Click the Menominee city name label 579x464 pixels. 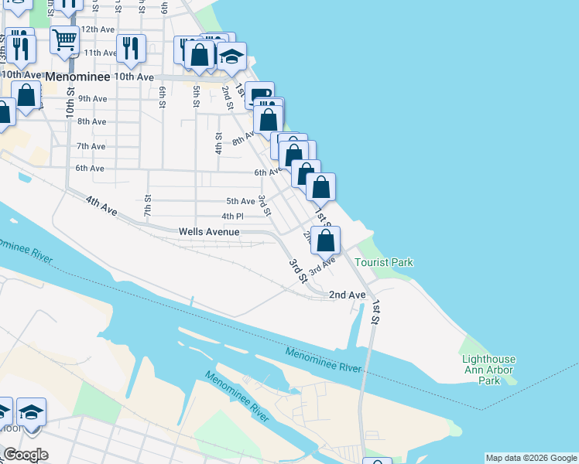click(x=77, y=77)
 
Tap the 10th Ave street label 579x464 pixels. click(x=134, y=77)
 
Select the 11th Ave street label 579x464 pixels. click(x=100, y=53)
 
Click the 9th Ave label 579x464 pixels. click(x=92, y=98)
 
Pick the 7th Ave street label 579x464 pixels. click(x=91, y=146)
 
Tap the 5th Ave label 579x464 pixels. click(x=241, y=201)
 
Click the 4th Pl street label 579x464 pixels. click(x=232, y=217)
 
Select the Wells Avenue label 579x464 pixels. click(x=208, y=231)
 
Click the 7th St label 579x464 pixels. click(x=147, y=206)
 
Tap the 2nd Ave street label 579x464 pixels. click(x=347, y=295)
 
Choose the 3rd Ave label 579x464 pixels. click(x=322, y=266)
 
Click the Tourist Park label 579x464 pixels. click(x=384, y=262)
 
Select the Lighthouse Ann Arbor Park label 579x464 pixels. click(x=488, y=370)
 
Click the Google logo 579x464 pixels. click(x=26, y=455)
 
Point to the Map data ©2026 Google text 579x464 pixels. click(x=531, y=458)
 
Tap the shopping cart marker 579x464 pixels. click(x=65, y=39)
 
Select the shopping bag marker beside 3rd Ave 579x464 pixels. click(x=327, y=240)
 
